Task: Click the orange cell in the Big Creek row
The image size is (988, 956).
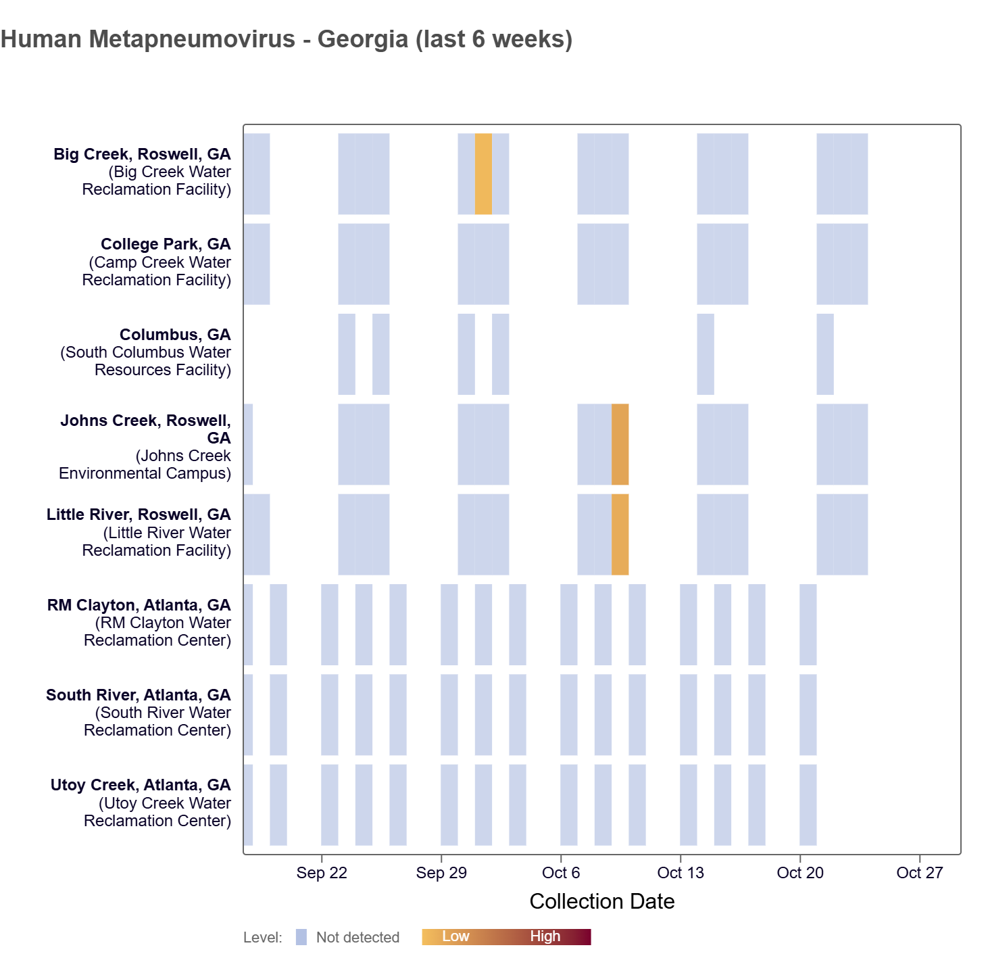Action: click(483, 174)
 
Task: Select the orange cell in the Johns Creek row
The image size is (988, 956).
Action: click(620, 444)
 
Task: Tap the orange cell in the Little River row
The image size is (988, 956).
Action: click(620, 534)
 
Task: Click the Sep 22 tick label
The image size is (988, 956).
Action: click(322, 873)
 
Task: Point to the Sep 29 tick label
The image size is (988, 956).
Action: click(441, 873)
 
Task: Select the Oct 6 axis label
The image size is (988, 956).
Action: click(561, 873)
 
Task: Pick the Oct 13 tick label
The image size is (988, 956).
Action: click(681, 873)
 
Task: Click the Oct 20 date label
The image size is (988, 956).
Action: click(800, 873)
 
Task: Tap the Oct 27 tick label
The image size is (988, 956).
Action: click(919, 873)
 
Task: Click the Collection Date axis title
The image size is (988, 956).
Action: click(601, 901)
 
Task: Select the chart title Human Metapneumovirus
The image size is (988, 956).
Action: click(287, 39)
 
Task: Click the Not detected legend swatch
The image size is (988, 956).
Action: click(301, 937)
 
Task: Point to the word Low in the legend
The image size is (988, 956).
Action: click(455, 936)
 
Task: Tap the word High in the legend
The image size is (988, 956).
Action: click(545, 936)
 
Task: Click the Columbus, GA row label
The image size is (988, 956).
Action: click(175, 335)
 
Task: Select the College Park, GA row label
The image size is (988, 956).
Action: click(166, 244)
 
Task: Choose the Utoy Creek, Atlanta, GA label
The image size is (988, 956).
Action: click(141, 785)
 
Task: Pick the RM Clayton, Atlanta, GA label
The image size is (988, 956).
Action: click(139, 605)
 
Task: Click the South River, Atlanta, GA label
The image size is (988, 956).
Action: click(139, 695)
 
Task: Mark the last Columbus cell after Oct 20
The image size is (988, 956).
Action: click(824, 354)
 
